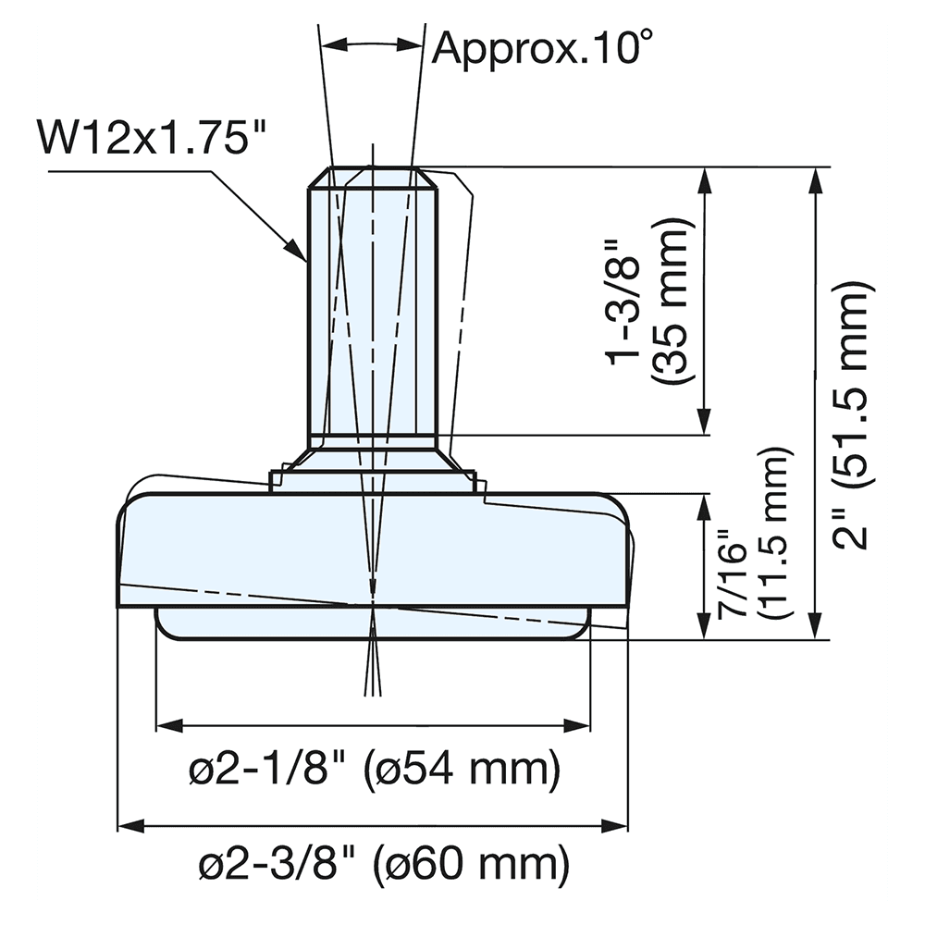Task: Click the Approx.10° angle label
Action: pyautogui.click(x=536, y=46)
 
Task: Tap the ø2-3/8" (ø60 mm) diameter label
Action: pyautogui.click(x=382, y=866)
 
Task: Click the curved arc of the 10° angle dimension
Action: pyautogui.click(x=372, y=42)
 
